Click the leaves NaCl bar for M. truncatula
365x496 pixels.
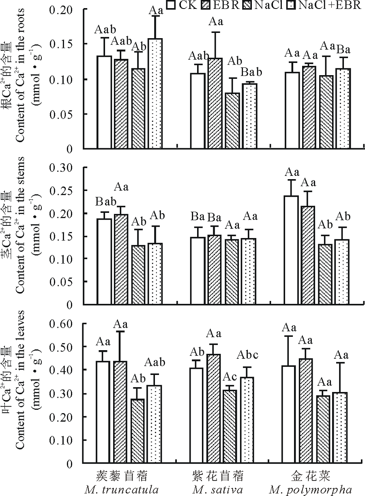tap(138, 431)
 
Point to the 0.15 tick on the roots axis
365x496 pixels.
tap(64, 44)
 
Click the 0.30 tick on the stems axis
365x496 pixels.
tap(64, 167)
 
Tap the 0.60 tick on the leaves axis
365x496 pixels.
tap(64, 324)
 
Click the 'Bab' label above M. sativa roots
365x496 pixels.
tap(251, 72)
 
